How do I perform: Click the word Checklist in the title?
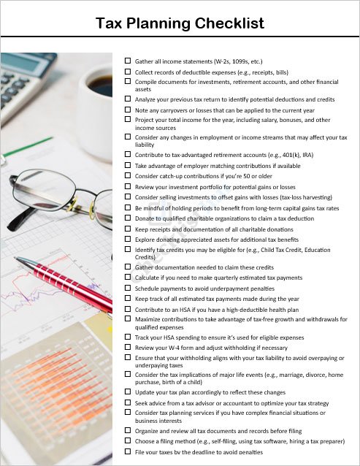pos(229,23)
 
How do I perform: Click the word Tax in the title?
pos(111,23)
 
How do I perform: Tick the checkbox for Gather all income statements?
pos(128,61)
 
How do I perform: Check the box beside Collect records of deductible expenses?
pos(128,72)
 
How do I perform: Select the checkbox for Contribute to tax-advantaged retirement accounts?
pos(128,155)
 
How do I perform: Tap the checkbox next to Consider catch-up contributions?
pos(128,175)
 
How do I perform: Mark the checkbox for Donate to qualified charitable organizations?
pos(128,218)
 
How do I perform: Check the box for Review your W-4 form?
pos(128,348)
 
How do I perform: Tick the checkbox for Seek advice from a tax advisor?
pos(128,402)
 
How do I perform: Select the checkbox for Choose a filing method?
pos(128,441)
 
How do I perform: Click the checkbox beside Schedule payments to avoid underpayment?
pos(128,288)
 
